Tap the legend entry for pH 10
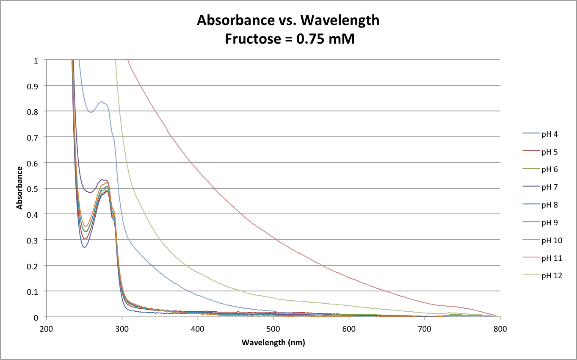[x=552, y=240]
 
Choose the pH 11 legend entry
[x=552, y=258]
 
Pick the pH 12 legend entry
[x=552, y=276]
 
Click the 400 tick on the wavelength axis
[x=198, y=328]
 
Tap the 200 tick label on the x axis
[x=47, y=328]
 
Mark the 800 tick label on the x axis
[x=500, y=328]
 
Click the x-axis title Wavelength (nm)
[x=273, y=342]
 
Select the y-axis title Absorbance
[x=19, y=188]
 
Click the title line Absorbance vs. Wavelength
[x=288, y=20]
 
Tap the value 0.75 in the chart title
[x=311, y=39]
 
